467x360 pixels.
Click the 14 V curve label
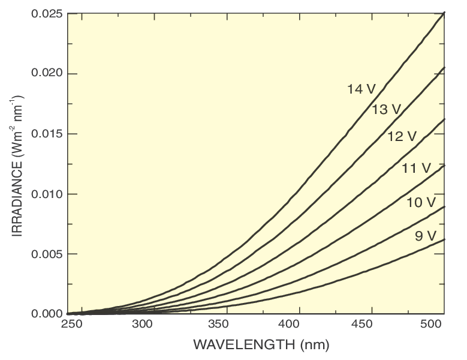pos(361,89)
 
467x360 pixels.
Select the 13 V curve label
pos(386,110)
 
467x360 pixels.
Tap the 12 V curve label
pos(402,136)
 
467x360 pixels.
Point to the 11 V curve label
pos(416,169)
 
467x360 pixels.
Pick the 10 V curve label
pos(420,203)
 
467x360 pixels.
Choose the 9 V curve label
pos(425,236)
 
